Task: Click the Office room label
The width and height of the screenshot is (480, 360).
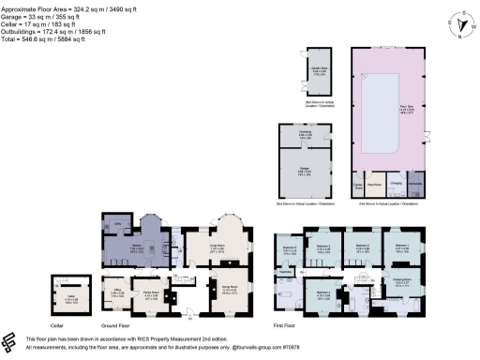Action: click(x=118, y=292)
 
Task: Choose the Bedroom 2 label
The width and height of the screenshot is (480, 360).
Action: click(x=325, y=248)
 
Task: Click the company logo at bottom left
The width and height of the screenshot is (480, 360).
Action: click(x=12, y=341)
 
